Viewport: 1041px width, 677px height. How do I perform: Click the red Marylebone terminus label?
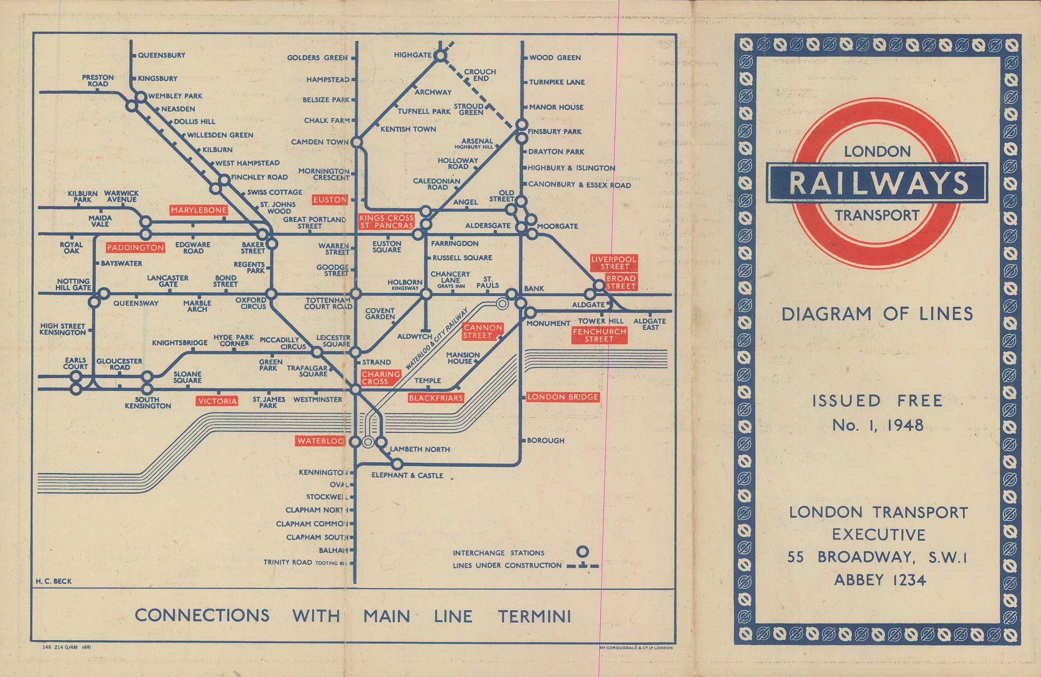tap(199, 210)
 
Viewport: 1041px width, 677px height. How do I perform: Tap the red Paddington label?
tap(135, 248)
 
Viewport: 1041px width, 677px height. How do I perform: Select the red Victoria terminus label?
tap(217, 402)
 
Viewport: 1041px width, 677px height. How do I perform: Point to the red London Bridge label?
tap(563, 397)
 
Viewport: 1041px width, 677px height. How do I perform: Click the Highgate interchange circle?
tap(441, 56)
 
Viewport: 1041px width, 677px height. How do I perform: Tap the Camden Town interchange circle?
tap(357, 142)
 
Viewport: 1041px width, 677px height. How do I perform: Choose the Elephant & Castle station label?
tap(407, 475)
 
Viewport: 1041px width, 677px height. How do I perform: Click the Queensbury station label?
tap(161, 56)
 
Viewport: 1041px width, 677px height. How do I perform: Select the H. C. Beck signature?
tap(54, 581)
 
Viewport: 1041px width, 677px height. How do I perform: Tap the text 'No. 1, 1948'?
tap(878, 425)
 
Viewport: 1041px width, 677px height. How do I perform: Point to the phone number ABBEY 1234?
tap(880, 580)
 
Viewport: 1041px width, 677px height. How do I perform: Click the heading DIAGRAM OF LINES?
tap(877, 314)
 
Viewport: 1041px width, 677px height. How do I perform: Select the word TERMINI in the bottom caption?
tap(534, 616)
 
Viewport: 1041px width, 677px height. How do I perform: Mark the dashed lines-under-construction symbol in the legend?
tap(583, 566)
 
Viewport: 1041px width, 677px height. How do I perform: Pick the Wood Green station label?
tap(555, 58)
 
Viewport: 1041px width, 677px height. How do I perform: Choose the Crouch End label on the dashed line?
tap(480, 75)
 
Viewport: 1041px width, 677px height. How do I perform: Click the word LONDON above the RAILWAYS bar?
tap(877, 152)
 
